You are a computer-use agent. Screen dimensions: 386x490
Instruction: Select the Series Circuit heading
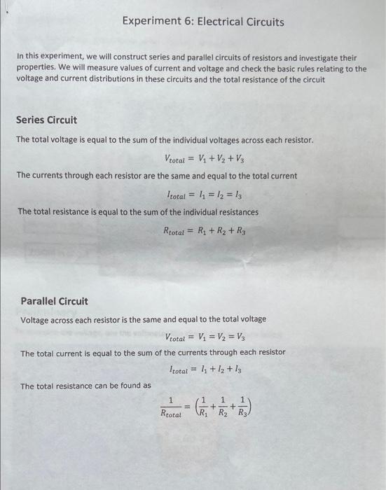pyautogui.click(x=46, y=120)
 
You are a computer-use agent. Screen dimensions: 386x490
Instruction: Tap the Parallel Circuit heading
pyautogui.click(x=54, y=301)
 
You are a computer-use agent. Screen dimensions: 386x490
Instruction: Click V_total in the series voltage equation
pyautogui.click(x=177, y=158)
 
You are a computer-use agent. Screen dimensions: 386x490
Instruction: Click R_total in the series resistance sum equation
pyautogui.click(x=177, y=229)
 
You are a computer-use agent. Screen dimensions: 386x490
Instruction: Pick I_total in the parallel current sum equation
pyautogui.click(x=182, y=370)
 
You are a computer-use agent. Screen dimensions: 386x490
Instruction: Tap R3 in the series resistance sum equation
pyautogui.click(x=241, y=229)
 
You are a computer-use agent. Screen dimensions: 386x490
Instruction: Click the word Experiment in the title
pyautogui.click(x=147, y=22)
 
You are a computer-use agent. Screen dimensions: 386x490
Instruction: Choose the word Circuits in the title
pyautogui.click(x=266, y=22)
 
